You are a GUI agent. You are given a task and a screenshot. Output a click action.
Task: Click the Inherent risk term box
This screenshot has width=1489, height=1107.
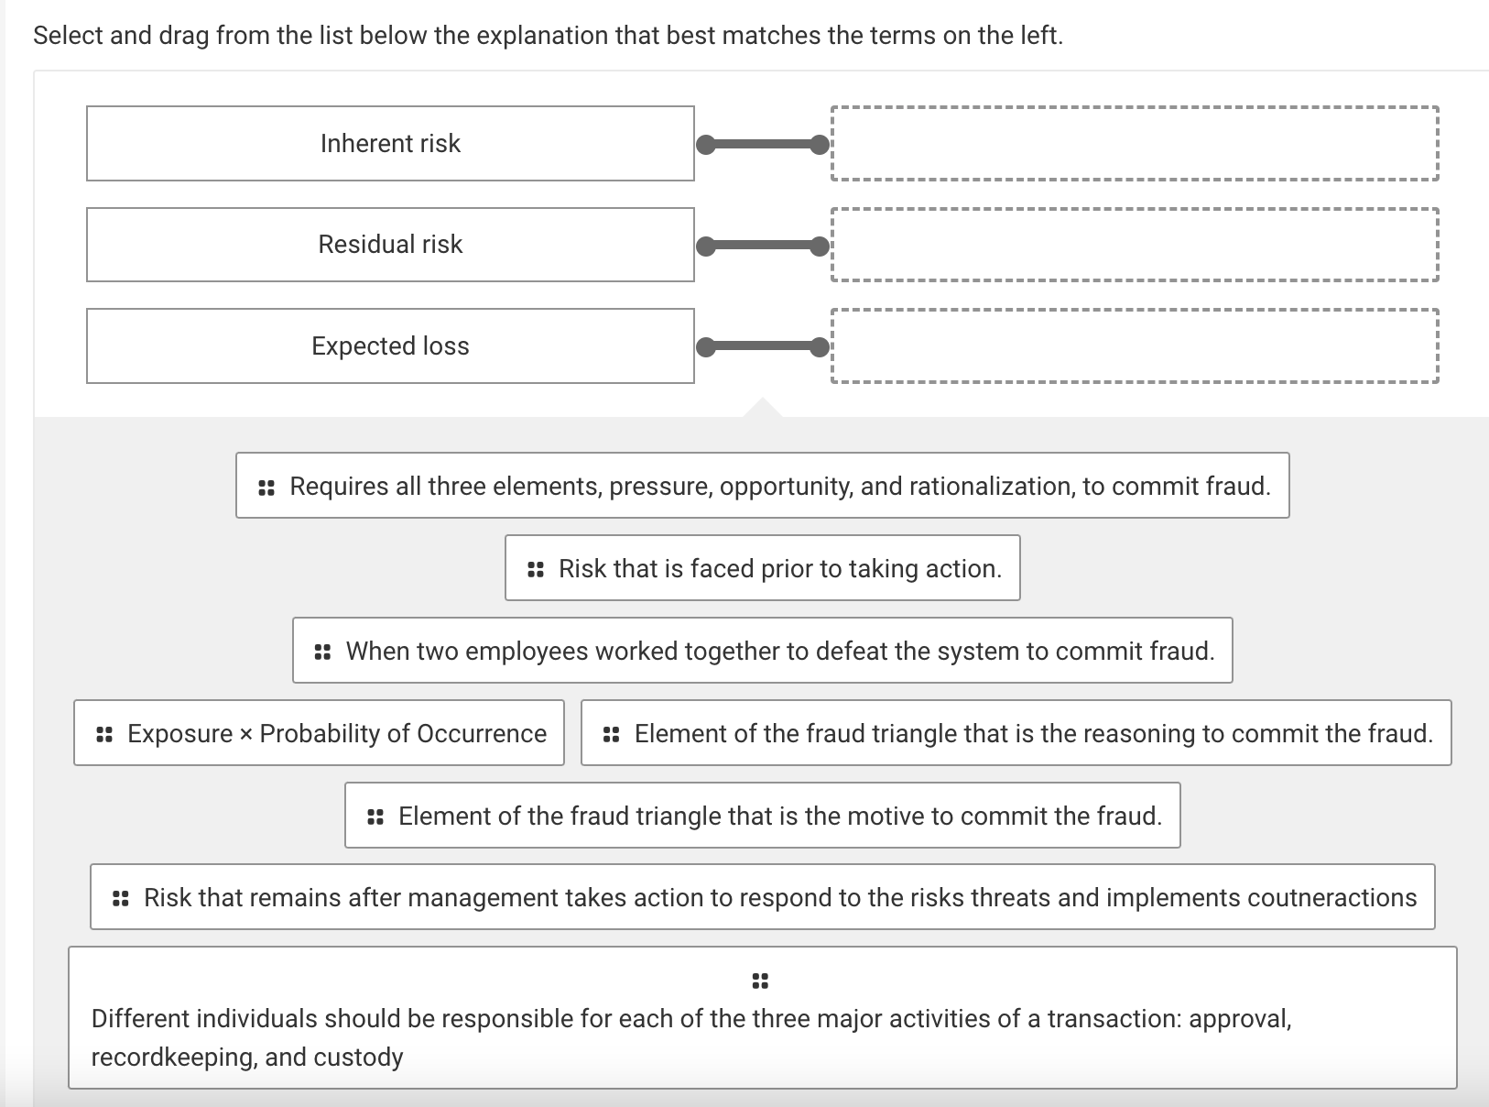tap(390, 144)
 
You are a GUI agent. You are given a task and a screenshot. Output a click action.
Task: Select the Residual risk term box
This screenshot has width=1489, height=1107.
tap(390, 245)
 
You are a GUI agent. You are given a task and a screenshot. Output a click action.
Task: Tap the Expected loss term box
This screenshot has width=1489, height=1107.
tap(390, 346)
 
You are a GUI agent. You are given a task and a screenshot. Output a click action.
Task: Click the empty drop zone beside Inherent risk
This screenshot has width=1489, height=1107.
tap(1135, 144)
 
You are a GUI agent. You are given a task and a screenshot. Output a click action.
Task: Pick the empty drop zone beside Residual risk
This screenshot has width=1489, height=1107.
tap(1135, 245)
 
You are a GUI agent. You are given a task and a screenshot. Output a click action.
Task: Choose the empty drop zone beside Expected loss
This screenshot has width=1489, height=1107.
tap(1135, 346)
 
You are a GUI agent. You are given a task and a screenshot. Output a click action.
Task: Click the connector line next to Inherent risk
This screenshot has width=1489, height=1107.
tap(763, 145)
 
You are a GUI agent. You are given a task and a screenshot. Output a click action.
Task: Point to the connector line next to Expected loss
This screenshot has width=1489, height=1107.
tap(763, 347)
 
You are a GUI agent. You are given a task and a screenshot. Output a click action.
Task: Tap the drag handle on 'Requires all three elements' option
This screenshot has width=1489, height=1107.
tap(266, 488)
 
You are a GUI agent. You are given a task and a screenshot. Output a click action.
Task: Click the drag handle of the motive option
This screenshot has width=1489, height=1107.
tap(375, 817)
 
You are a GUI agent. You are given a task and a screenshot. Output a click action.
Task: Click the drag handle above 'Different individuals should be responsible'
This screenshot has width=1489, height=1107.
tap(760, 981)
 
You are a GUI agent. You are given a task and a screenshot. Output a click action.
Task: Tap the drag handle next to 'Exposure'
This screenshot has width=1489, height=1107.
tap(104, 734)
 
